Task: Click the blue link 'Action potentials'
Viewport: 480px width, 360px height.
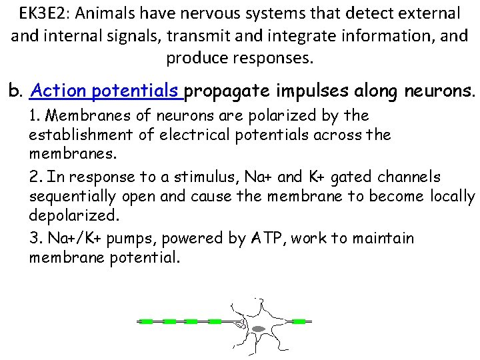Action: point(107,90)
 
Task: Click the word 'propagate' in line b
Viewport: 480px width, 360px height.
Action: point(231,90)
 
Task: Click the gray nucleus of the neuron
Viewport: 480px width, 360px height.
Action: point(259,328)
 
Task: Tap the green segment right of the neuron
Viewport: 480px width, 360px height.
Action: point(299,321)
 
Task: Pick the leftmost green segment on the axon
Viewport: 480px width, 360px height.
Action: point(147,321)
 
